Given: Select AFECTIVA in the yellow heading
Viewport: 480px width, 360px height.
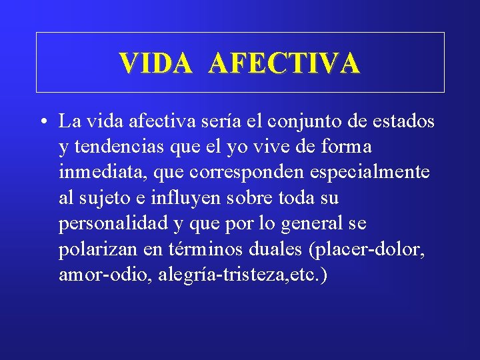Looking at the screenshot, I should tap(284, 63).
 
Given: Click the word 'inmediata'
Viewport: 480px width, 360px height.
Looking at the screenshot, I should tap(103, 172).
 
